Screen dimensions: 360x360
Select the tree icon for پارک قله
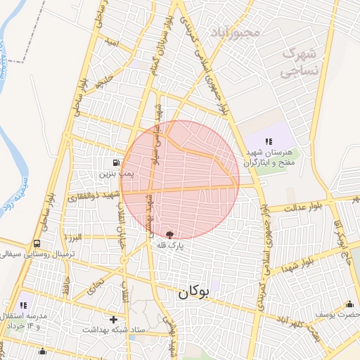(x=169, y=234)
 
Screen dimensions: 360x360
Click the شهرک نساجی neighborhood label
(x=300, y=62)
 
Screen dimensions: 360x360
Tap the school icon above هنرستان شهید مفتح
(x=269, y=141)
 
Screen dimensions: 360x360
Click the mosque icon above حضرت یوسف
(x=349, y=304)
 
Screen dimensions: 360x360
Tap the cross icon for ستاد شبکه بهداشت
(x=113, y=319)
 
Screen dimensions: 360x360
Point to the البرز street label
(x=72, y=238)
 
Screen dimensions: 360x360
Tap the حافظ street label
(x=65, y=288)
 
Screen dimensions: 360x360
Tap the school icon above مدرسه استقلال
(x=24, y=305)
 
